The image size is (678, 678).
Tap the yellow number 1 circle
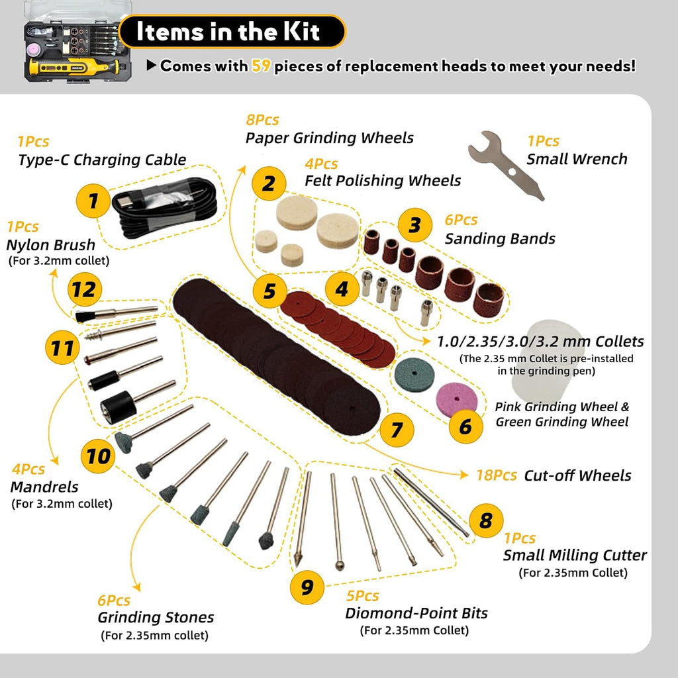tap(93, 201)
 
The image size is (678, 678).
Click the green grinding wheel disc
tap(414, 375)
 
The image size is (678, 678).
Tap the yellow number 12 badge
tap(85, 290)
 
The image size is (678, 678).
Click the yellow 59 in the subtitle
tap(261, 66)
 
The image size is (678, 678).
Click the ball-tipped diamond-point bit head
tap(340, 565)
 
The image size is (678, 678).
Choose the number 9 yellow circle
tap(307, 587)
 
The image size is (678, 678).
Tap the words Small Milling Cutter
tap(575, 556)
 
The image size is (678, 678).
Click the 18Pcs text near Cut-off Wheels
tap(497, 475)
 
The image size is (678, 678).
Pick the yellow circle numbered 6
tap(465, 427)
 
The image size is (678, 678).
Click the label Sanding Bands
tap(500, 238)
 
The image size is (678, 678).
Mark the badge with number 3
tap(415, 225)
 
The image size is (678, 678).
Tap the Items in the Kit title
tap(228, 31)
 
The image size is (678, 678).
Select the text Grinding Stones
tap(156, 618)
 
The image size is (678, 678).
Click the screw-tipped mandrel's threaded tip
tap(93, 334)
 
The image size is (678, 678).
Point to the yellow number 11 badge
tap(62, 348)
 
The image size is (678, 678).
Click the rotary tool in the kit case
tap(73, 68)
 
